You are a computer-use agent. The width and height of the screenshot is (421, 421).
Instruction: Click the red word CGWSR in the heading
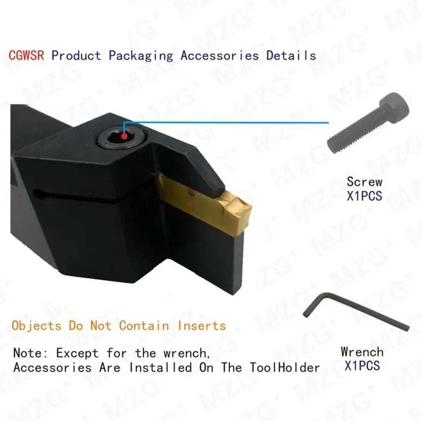pos(26,55)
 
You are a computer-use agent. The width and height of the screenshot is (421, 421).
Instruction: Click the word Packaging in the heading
pos(141,55)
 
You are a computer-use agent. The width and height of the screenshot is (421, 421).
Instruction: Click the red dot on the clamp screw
pos(124,137)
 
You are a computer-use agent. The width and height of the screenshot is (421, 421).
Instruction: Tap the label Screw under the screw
pos(364,181)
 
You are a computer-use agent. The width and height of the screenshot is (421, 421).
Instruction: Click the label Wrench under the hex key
pos(362,352)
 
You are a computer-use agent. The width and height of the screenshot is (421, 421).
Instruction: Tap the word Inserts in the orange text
pos(202,326)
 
